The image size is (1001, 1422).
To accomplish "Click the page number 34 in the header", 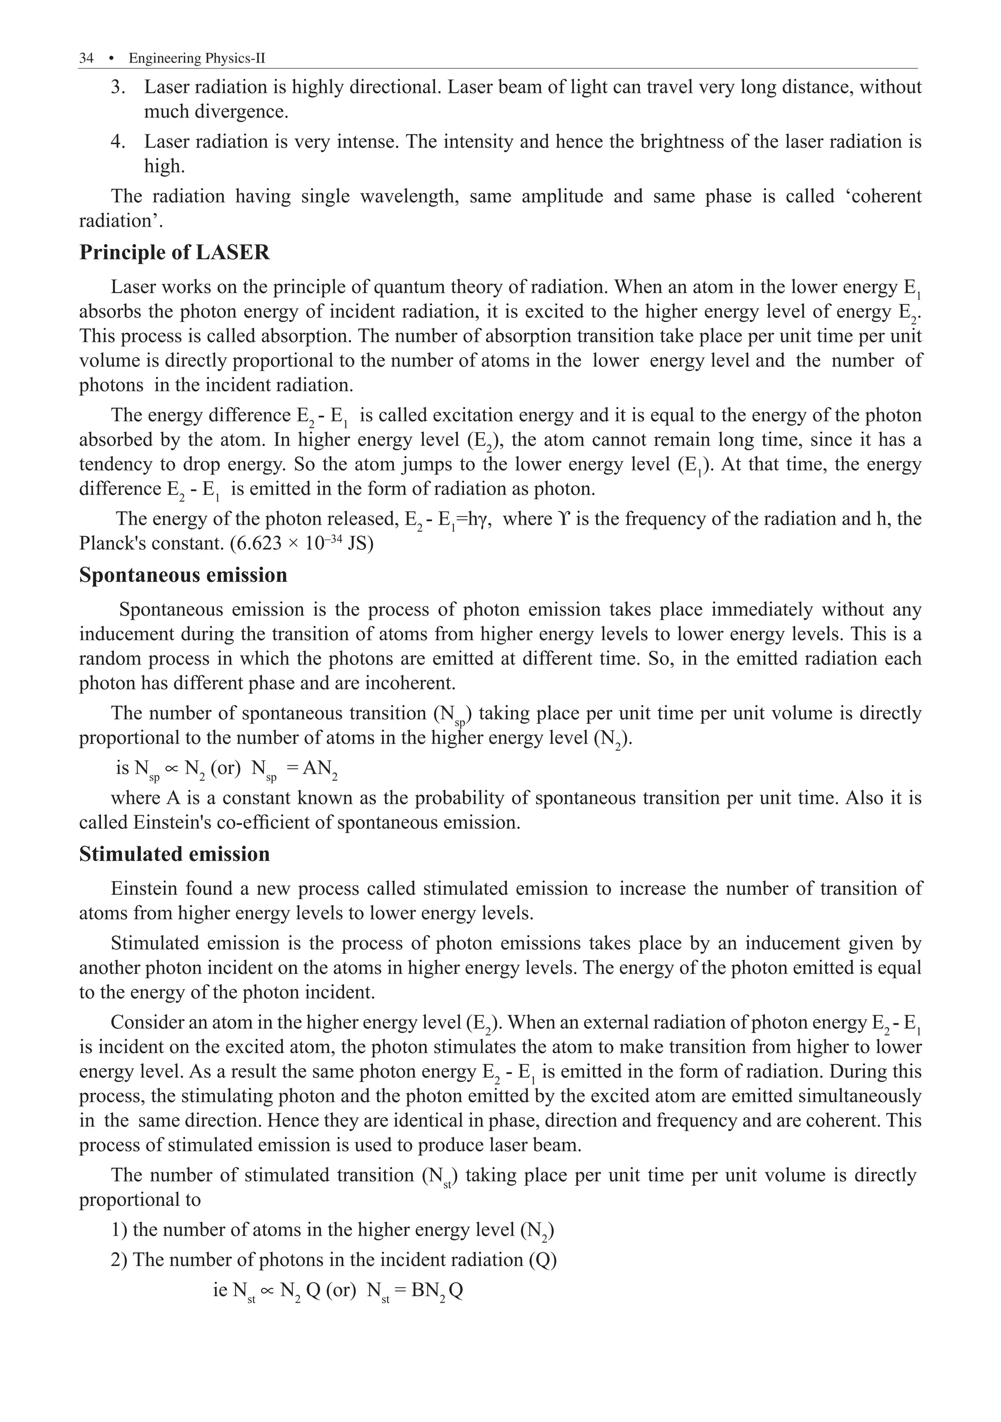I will click(86, 58).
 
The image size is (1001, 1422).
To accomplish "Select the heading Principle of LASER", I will click(174, 253).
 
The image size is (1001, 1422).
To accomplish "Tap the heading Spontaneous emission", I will click(183, 575).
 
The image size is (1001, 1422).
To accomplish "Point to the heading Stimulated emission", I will click(174, 854).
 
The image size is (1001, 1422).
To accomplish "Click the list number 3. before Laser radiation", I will click(118, 87).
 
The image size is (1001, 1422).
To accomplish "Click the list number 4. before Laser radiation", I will click(118, 142).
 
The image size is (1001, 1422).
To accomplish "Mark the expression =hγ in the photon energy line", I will click(474, 519).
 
